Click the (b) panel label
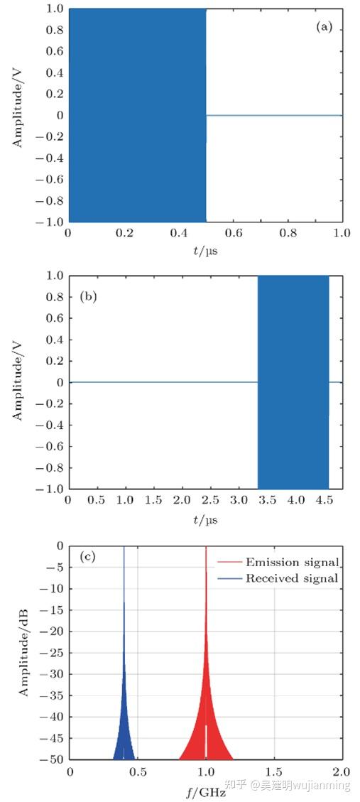(87, 294)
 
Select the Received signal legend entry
(292, 578)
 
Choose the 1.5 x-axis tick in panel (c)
(274, 771)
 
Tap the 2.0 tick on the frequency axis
(342, 771)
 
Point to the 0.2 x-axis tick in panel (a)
(124, 234)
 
